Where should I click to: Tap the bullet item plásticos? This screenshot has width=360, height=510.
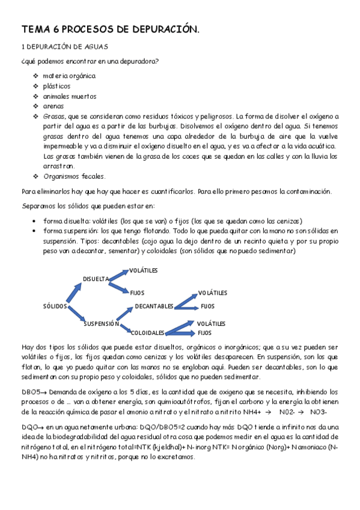tap(56, 86)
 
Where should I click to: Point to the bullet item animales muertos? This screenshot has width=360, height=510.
tap(69, 96)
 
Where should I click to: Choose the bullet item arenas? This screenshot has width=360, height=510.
tap(53, 106)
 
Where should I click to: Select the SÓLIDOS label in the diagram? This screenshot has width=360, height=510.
tap(55, 306)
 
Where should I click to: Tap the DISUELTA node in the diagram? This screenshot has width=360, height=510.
tap(96, 279)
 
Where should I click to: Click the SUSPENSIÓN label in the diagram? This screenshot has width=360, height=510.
tap(101, 324)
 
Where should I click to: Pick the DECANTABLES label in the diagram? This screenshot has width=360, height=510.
tap(154, 306)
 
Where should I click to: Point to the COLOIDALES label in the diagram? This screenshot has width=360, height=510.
tap(147, 333)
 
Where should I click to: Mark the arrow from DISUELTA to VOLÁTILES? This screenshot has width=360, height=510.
tap(118, 274)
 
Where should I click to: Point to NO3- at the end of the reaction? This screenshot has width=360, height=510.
tap(318, 412)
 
